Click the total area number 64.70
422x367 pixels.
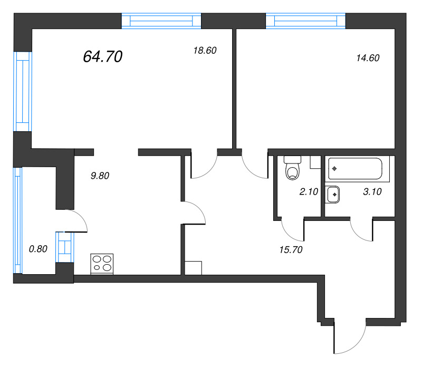pos(102,56)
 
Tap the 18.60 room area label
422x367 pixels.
pos(205,50)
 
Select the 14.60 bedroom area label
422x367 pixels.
pos(368,58)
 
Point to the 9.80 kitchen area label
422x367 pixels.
pos(100,176)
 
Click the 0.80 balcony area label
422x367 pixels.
pos(38,249)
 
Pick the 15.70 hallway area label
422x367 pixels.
pos(291,250)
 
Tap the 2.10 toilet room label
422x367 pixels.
pos(309,191)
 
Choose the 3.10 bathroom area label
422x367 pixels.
pos(372,191)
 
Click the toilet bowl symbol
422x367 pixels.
pos(292,168)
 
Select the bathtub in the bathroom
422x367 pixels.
pos(355,169)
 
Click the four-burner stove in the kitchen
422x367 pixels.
pos(102,264)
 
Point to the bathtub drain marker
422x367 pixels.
pos(334,169)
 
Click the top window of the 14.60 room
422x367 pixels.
pos(305,21)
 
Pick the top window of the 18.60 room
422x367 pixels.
pos(161,21)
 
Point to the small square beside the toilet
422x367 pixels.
pos(315,162)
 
